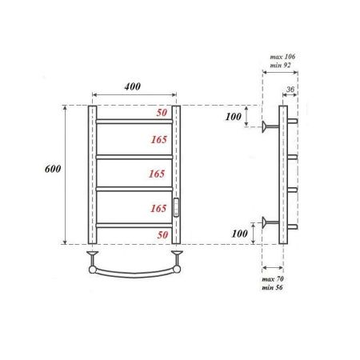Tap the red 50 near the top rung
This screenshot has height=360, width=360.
click(x=162, y=114)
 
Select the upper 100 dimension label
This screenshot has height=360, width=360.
click(x=234, y=118)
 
